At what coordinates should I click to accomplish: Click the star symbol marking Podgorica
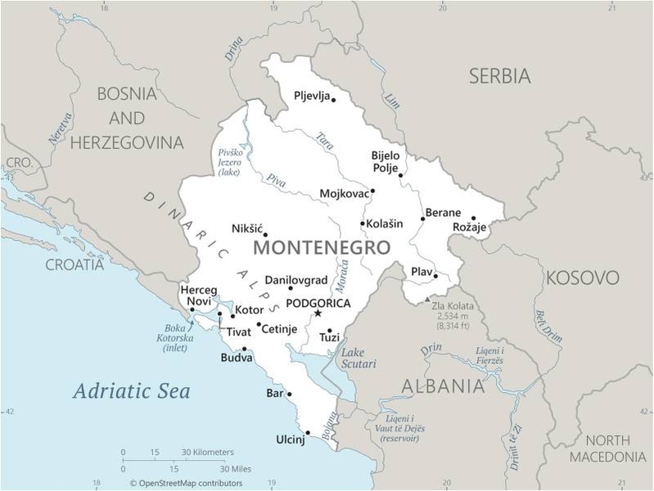[x=318, y=313]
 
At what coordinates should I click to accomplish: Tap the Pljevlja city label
[x=312, y=96]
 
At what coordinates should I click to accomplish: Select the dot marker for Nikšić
[x=264, y=235]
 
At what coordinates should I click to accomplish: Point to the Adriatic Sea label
[x=131, y=391]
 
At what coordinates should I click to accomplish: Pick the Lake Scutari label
[x=359, y=358]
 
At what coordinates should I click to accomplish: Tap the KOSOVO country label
[x=582, y=277]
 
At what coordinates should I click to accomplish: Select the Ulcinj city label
[x=290, y=440]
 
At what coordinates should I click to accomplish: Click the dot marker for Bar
[x=289, y=394]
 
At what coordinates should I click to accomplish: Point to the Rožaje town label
[x=470, y=227]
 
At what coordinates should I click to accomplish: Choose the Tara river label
[x=326, y=139]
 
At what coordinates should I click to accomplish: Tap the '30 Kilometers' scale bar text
[x=207, y=452]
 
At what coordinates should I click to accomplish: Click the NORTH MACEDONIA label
[x=607, y=448]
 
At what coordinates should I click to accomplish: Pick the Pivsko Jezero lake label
[x=230, y=163]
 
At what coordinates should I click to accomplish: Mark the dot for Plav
[x=435, y=276]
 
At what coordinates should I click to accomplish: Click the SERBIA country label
[x=499, y=76]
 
